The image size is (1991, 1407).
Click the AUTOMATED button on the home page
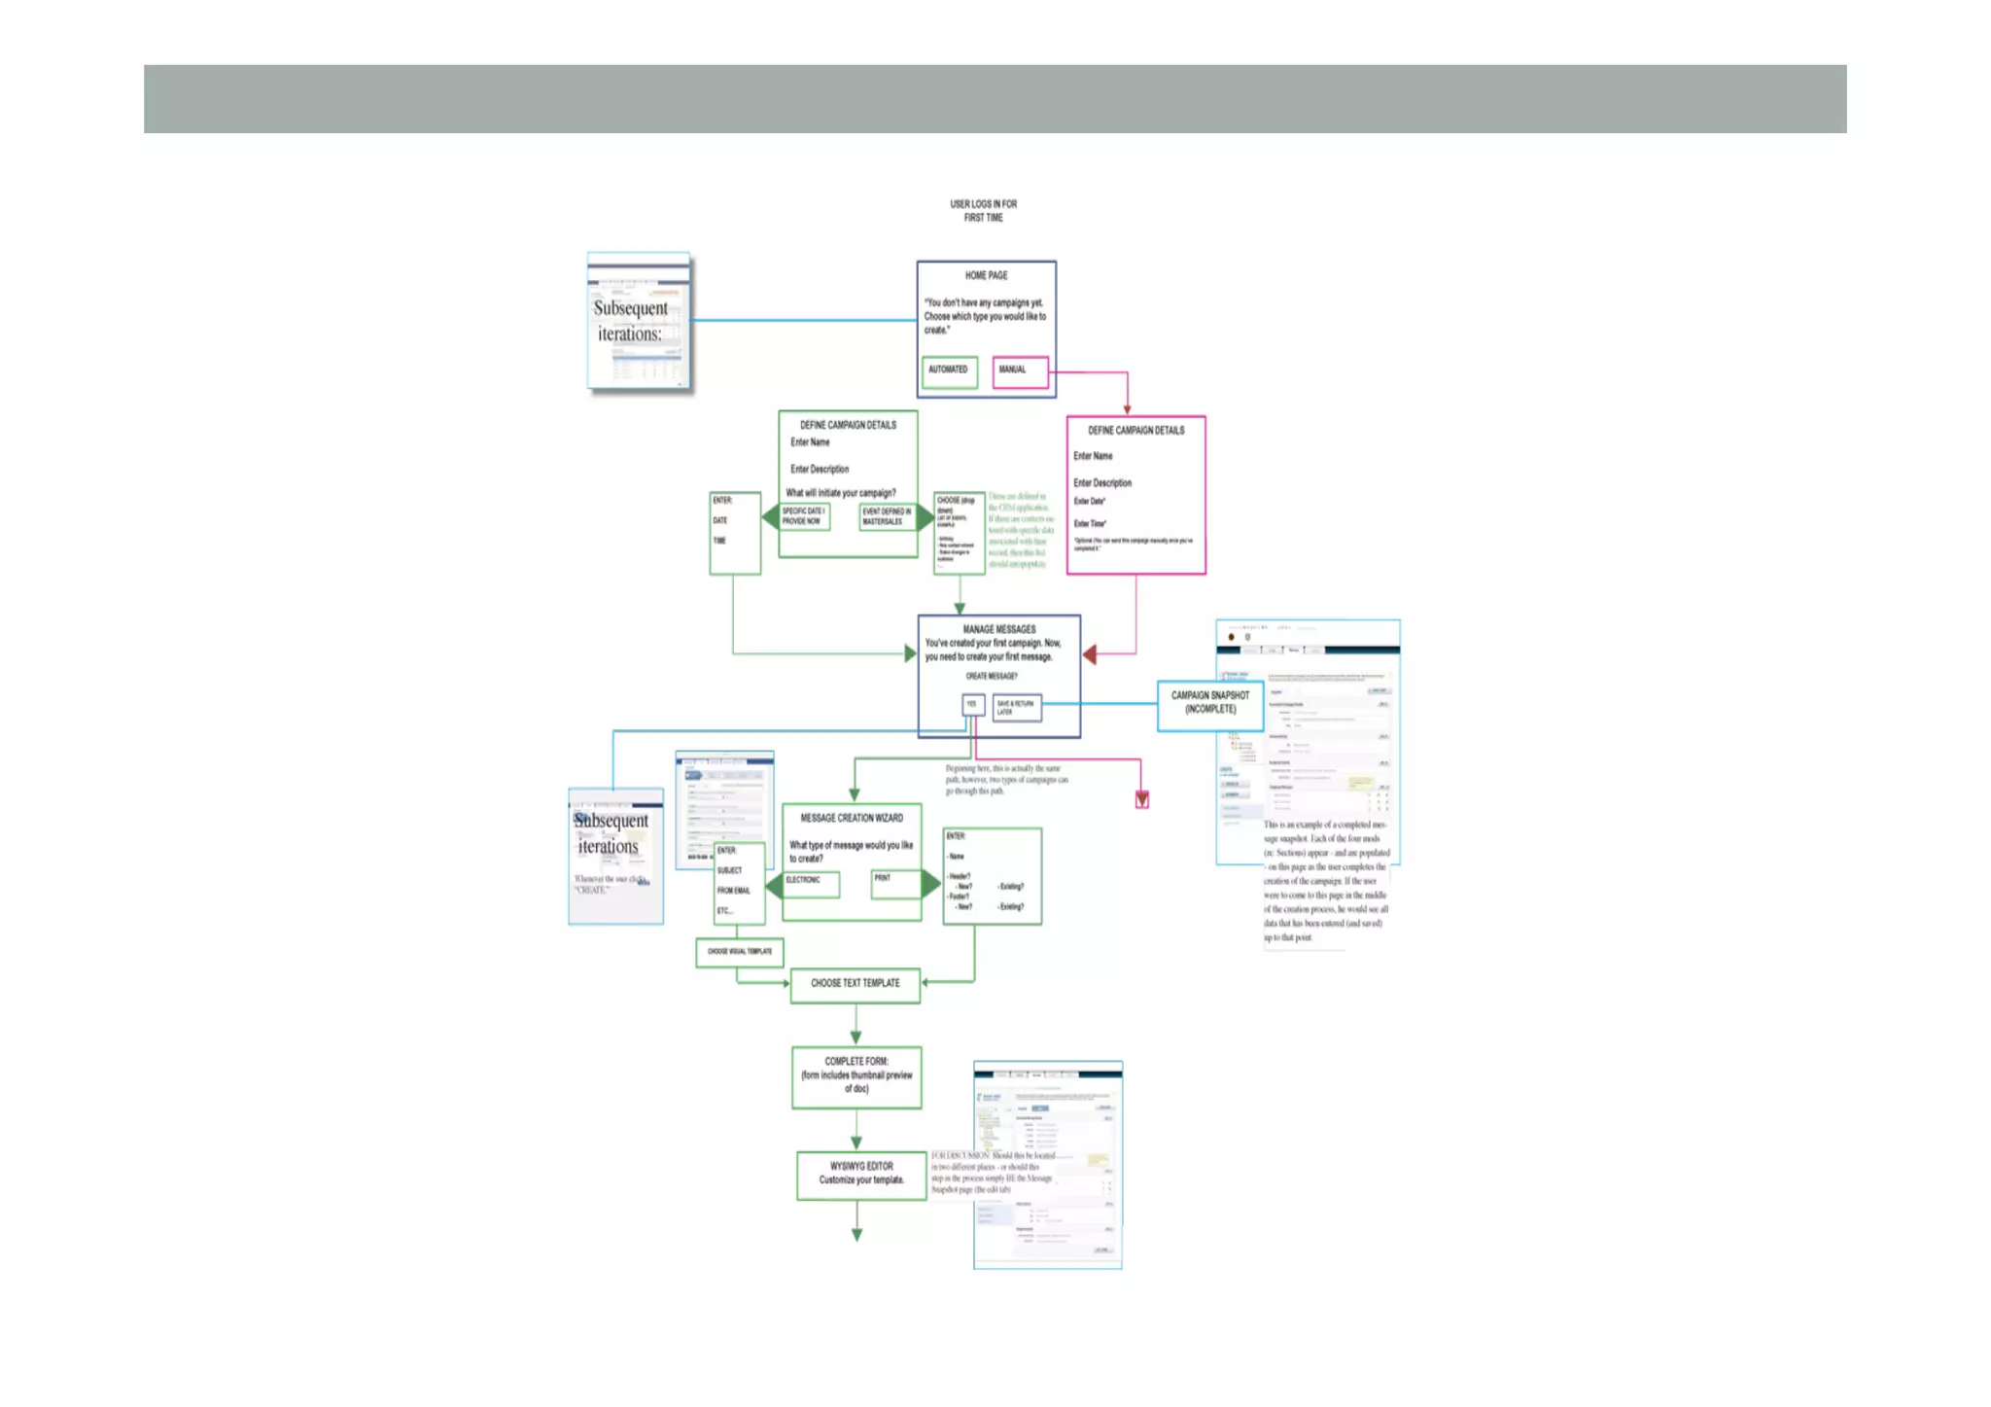(949, 371)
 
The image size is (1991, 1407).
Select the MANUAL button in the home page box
(1020, 371)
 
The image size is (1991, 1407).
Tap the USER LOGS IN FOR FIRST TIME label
(983, 211)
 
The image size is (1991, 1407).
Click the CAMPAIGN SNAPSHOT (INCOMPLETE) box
(1209, 704)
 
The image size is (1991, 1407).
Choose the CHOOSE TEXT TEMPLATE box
(855, 984)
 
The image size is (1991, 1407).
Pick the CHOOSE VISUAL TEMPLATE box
(740, 952)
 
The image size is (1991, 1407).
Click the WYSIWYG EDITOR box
(861, 1175)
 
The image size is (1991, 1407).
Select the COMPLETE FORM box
(856, 1076)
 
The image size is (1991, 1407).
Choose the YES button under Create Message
(972, 705)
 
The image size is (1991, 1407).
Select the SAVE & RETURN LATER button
(1017, 708)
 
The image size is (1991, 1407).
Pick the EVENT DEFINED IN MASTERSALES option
(887, 517)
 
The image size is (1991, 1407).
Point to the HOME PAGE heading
(986, 276)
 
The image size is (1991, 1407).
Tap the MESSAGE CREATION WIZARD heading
(852, 819)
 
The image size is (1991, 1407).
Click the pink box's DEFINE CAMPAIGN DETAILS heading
(1135, 431)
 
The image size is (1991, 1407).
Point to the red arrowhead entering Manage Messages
(1090, 654)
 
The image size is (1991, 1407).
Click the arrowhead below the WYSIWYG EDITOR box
(856, 1234)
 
